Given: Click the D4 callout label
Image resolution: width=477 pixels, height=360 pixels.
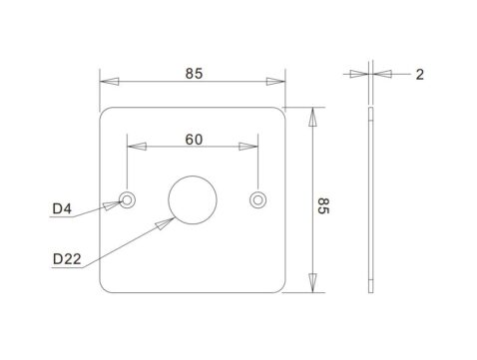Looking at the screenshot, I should [62, 208].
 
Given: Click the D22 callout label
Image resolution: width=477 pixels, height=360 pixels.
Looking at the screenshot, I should [66, 259].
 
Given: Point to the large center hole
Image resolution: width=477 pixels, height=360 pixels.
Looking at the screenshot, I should [191, 198].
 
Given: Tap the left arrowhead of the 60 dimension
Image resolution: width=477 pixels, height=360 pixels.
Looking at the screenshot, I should [136, 146].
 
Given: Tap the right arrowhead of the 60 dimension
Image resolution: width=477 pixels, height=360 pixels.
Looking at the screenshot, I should [249, 146].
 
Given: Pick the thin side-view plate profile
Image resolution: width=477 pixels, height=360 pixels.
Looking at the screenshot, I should [369, 199].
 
